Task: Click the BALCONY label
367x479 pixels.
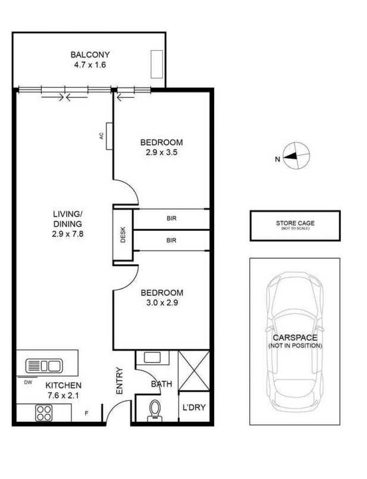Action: coord(90,55)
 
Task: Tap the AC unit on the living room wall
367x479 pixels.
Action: coord(109,136)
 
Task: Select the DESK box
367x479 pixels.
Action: coord(123,234)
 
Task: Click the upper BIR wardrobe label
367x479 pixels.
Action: coord(172,218)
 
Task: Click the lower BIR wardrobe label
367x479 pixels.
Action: coord(172,240)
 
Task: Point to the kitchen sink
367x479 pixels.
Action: coord(44,366)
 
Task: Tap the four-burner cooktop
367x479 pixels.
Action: coord(44,413)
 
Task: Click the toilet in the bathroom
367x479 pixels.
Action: coord(155,410)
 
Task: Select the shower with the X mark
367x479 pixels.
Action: coord(194,371)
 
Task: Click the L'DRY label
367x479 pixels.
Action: coord(194,407)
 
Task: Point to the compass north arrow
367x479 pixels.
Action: coord(290,156)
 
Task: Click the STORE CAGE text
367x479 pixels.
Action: coord(295,223)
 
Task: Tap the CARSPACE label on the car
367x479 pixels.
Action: coord(295,338)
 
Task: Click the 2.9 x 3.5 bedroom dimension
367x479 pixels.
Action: coord(161,152)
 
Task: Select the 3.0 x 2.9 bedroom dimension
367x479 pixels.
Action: coord(162,303)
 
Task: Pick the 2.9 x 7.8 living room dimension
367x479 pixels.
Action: coord(67,234)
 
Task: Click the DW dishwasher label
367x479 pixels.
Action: coord(28,382)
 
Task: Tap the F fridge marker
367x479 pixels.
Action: coord(86,414)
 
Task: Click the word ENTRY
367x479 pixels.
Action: coord(119,381)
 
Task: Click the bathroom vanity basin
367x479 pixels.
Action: coord(152,357)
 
